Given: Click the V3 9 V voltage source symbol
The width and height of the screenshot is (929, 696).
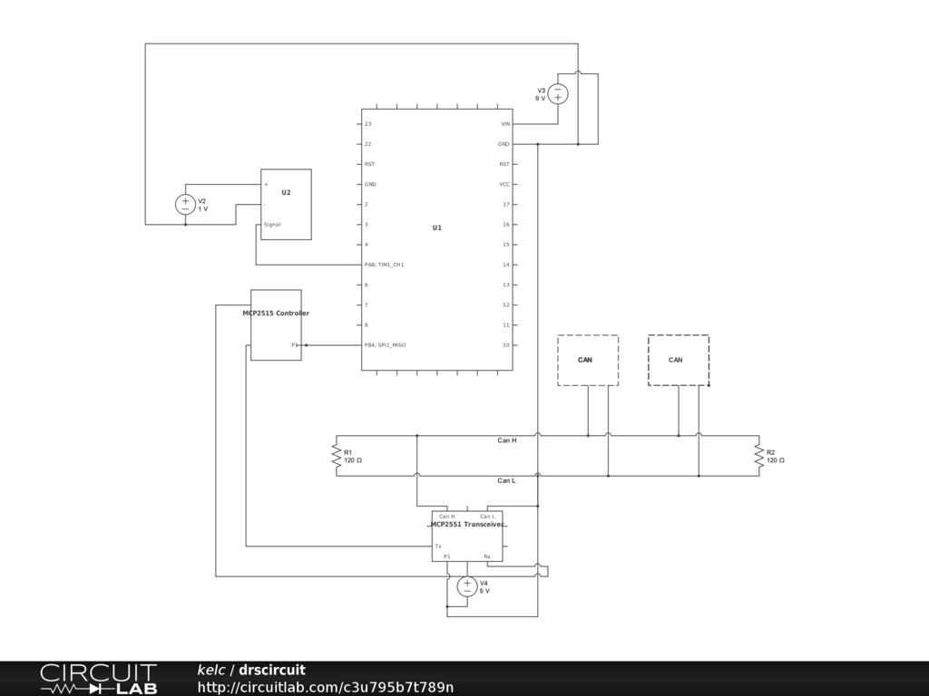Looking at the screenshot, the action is click(557, 93).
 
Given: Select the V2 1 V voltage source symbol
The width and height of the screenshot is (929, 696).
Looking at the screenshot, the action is click(185, 205).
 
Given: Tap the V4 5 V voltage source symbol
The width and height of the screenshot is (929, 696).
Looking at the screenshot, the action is click(467, 586).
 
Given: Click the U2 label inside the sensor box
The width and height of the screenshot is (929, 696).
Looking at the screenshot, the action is click(286, 193).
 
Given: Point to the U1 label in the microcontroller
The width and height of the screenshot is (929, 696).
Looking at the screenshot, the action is click(436, 227).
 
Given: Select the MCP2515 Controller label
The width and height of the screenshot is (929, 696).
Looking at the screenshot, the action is click(276, 314).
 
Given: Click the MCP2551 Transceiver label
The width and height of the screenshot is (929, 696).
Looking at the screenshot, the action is click(467, 525).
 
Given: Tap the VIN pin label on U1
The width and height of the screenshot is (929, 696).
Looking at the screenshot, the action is click(505, 124).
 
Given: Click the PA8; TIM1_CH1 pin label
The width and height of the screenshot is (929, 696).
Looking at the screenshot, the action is click(384, 265).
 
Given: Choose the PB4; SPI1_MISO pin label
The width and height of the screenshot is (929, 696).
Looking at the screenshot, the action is click(385, 345).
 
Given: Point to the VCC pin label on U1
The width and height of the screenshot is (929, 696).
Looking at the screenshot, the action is click(504, 185).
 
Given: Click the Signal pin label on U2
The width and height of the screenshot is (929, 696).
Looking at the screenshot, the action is click(272, 225).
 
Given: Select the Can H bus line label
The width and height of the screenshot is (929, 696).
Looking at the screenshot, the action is click(506, 440).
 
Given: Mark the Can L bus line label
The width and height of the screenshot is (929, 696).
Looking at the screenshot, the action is click(506, 480).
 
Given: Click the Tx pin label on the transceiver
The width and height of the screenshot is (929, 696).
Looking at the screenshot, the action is click(438, 546).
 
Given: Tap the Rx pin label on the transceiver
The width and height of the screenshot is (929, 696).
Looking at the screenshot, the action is click(487, 556).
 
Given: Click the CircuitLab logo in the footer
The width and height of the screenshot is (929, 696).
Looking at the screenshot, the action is click(98, 679).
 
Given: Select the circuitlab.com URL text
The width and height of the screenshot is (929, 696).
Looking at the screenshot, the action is click(326, 687).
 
